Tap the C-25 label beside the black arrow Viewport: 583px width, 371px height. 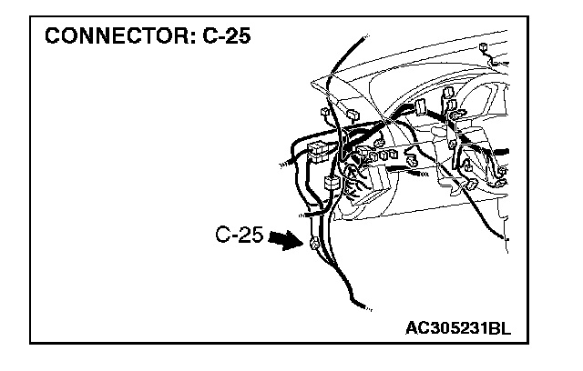[x=240, y=236]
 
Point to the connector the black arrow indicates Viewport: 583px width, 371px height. [x=314, y=245]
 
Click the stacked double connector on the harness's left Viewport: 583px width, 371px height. [x=318, y=152]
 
